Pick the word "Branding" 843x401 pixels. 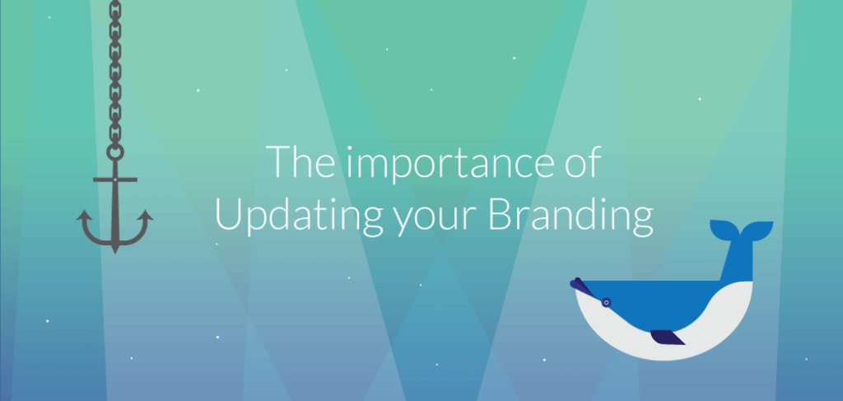(x=571, y=216)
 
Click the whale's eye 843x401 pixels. (x=606, y=301)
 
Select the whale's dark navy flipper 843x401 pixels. (x=667, y=338)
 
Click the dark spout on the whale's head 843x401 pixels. (x=581, y=285)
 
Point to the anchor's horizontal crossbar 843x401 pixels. (x=114, y=178)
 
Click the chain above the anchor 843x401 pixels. (x=114, y=74)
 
